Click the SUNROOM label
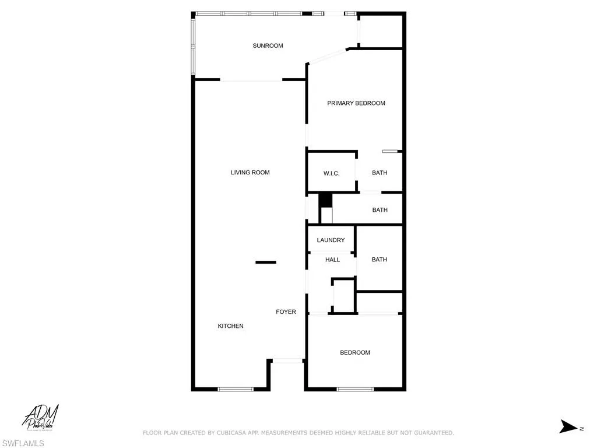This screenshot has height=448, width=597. click(x=268, y=45)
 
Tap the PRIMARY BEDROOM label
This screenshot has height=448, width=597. click(x=356, y=103)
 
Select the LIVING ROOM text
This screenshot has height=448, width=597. click(x=250, y=173)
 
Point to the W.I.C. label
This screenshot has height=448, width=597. click(x=331, y=173)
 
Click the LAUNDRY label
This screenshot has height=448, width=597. click(x=331, y=240)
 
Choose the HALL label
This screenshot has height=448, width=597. click(x=332, y=260)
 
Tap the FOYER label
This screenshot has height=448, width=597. click(x=286, y=312)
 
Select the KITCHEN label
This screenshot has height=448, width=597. click(x=230, y=326)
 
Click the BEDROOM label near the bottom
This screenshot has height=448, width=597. click(x=355, y=352)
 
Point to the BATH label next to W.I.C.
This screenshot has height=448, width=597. click(x=380, y=173)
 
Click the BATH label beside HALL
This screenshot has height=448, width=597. click(x=379, y=260)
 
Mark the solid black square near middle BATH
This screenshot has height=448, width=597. click(x=325, y=200)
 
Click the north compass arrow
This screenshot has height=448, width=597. click(x=569, y=427)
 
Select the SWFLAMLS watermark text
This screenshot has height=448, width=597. click(x=23, y=443)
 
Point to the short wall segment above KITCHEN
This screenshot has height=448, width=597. click(x=265, y=262)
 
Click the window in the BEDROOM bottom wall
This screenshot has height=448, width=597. click(x=355, y=389)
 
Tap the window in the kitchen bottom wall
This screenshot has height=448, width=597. click(x=236, y=389)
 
